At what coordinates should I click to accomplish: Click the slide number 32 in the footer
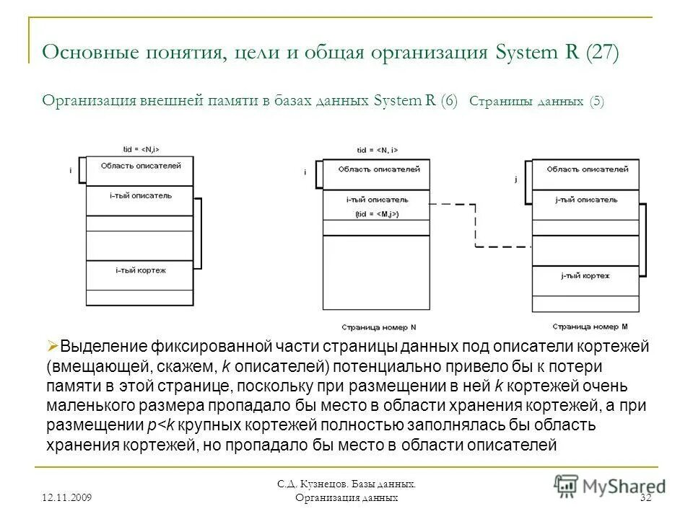646,498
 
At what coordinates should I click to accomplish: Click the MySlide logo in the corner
609,485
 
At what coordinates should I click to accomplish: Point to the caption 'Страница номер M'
585,327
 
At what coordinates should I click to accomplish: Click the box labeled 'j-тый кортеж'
585,277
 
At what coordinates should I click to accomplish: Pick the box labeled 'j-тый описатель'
585,200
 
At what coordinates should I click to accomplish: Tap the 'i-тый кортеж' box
140,271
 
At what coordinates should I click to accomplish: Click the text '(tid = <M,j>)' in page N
378,214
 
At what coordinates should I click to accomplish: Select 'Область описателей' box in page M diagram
585,170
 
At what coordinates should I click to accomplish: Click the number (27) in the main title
602,53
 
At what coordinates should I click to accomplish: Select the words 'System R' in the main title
528,53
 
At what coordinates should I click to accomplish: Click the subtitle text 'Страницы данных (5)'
536,102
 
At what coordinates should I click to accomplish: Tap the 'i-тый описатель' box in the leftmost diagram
140,196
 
